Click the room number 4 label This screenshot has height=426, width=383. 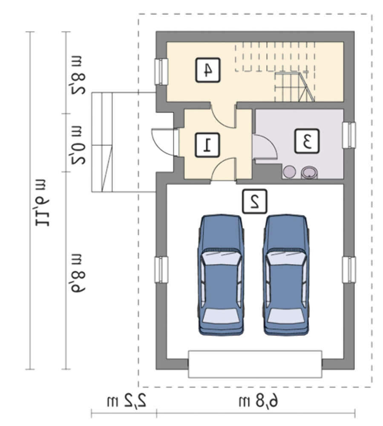[207, 70]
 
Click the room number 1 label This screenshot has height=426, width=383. [207, 145]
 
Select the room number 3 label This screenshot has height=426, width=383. [307, 141]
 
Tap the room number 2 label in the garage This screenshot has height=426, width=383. [254, 201]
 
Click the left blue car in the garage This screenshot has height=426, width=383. [220, 275]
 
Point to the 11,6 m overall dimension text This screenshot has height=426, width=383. [42, 203]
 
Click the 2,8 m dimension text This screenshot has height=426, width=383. [78, 75]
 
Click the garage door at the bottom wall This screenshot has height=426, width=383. [255, 364]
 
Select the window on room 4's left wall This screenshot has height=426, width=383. [161, 72]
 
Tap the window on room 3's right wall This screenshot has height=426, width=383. [349, 135]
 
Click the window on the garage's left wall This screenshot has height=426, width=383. [161, 270]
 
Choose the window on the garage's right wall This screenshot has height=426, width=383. [349, 270]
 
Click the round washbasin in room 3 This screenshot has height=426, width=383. [309, 172]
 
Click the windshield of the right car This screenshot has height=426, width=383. [286, 258]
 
